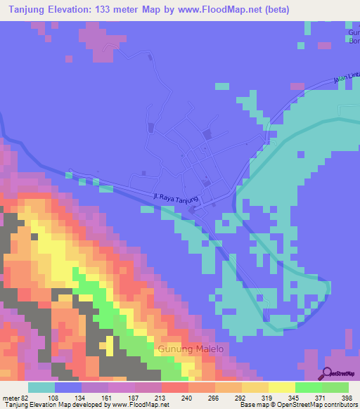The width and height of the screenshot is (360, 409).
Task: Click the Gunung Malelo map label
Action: pyautogui.click(x=190, y=349)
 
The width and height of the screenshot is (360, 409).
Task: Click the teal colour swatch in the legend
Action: pyautogui.click(x=41, y=387)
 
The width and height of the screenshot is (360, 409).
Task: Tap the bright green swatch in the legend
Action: pyautogui.click(x=308, y=387)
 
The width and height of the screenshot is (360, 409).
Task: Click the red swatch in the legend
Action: pyautogui.click(x=174, y=387)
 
